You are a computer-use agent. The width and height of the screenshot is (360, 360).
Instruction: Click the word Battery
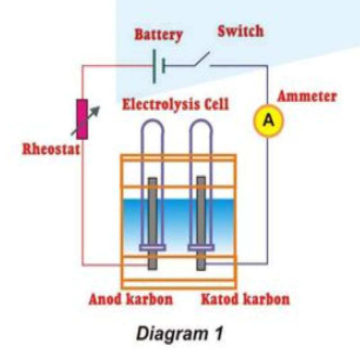(159, 35)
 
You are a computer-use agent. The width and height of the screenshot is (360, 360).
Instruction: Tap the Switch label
(241, 32)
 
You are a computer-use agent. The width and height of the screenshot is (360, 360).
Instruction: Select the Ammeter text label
(307, 96)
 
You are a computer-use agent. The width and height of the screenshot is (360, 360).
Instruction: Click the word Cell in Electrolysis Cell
(215, 104)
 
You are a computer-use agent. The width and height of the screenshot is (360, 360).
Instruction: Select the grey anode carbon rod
(153, 211)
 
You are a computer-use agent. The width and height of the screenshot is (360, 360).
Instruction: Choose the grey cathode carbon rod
(201, 211)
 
